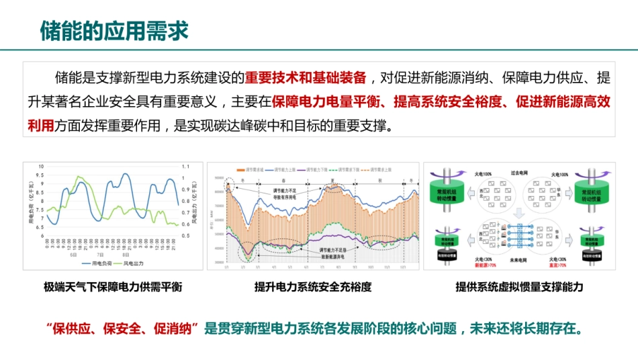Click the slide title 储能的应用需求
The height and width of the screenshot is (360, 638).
114,30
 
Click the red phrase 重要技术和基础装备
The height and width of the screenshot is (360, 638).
306,77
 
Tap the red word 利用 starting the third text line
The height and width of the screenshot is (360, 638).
41,126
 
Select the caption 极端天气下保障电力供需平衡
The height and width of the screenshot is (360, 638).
113,287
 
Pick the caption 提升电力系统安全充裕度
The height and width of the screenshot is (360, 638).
313,287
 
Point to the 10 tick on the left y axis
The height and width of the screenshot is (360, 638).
41,166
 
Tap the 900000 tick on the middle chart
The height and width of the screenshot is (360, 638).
218,177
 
